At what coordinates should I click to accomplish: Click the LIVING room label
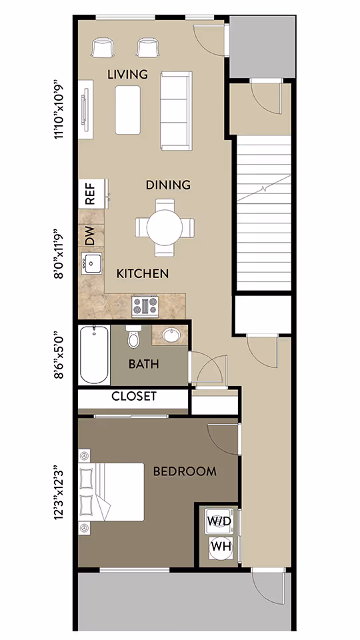coord(127,74)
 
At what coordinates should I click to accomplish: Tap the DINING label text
coord(168,185)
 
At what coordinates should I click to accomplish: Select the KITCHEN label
coord(143,273)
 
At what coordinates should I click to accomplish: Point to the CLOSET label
coord(133,396)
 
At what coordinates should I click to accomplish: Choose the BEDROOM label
coord(185,471)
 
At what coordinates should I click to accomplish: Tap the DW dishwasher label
coord(90,235)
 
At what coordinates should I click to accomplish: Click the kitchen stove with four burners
coord(145,305)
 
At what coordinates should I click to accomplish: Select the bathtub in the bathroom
coord(94,355)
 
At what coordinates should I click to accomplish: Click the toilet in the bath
coord(134,338)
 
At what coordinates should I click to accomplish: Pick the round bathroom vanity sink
coord(171,335)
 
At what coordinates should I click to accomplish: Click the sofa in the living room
coord(175,111)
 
